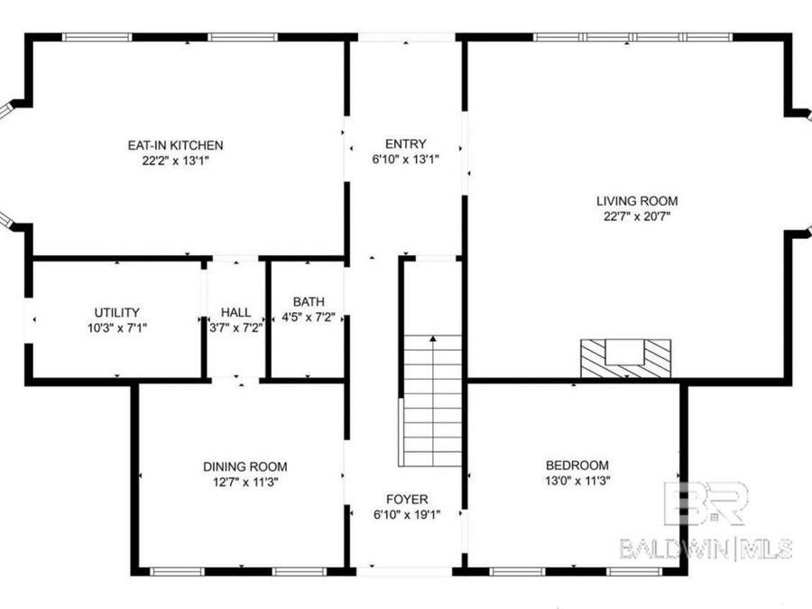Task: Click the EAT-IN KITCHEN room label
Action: [175, 145]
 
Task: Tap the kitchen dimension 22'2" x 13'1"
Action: [175, 161]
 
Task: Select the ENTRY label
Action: [405, 144]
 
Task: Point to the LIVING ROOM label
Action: [637, 201]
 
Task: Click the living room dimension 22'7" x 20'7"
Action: [637, 217]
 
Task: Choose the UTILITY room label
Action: [117, 313]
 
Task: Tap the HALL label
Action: [235, 313]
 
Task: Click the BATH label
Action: [309, 302]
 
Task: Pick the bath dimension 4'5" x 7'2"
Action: [309, 318]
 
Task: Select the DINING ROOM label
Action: [245, 466]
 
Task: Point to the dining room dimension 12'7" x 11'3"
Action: [245, 482]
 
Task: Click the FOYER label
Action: [407, 499]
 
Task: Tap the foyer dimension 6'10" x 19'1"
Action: [407, 514]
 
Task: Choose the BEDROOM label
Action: [577, 466]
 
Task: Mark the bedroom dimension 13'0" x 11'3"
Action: [577, 481]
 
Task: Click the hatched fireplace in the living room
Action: [625, 359]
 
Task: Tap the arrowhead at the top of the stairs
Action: [433, 339]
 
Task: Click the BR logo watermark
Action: [706, 503]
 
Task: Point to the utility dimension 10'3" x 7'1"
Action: [117, 328]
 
